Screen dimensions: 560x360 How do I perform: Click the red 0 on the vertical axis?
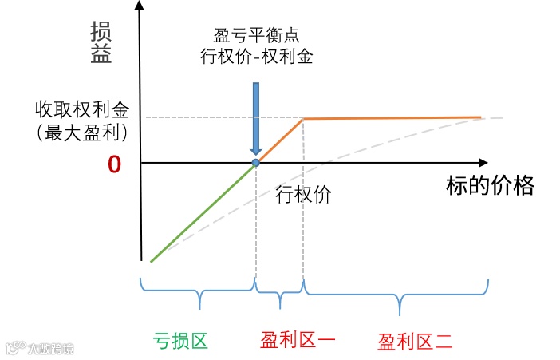click(113, 164)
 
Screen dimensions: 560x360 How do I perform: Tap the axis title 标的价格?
click(489, 187)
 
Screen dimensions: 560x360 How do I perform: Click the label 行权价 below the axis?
click(302, 193)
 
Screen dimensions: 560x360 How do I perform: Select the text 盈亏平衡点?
click(256, 36)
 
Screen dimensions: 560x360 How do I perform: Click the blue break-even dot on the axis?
click(255, 163)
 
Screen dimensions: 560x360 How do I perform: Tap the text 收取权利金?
click(81, 109)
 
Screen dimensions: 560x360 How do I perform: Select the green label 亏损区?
click(180, 341)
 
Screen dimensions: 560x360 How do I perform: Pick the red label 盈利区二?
click(415, 342)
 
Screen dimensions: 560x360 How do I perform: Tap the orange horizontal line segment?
click(391, 118)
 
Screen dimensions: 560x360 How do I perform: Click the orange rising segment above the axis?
click(279, 140)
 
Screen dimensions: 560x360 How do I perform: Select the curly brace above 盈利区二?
click(396, 295)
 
